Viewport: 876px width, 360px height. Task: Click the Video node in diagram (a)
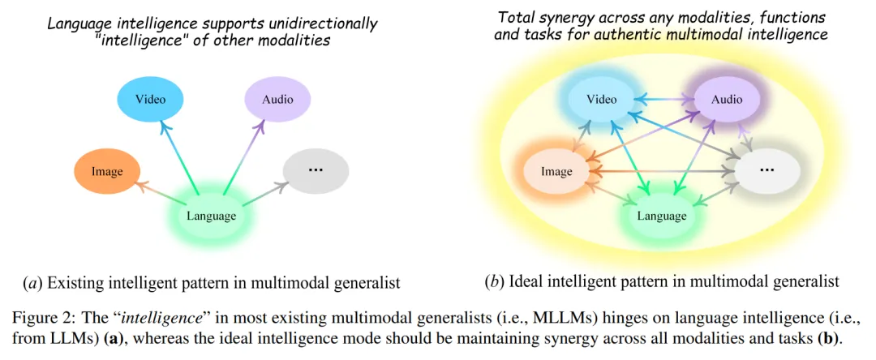click(150, 101)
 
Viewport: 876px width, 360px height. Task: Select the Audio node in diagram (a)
click(277, 101)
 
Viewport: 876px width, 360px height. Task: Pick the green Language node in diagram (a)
click(211, 216)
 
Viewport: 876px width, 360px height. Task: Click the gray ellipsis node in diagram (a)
click(316, 171)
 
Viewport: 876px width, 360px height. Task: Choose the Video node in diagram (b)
click(601, 100)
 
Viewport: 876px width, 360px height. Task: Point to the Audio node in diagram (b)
click(726, 100)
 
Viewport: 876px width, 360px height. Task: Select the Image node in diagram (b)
click(556, 171)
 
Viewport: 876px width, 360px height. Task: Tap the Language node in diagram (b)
click(661, 216)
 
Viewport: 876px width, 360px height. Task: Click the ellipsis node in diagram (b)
click(766, 171)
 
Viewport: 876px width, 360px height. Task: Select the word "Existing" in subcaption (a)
click(78, 283)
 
